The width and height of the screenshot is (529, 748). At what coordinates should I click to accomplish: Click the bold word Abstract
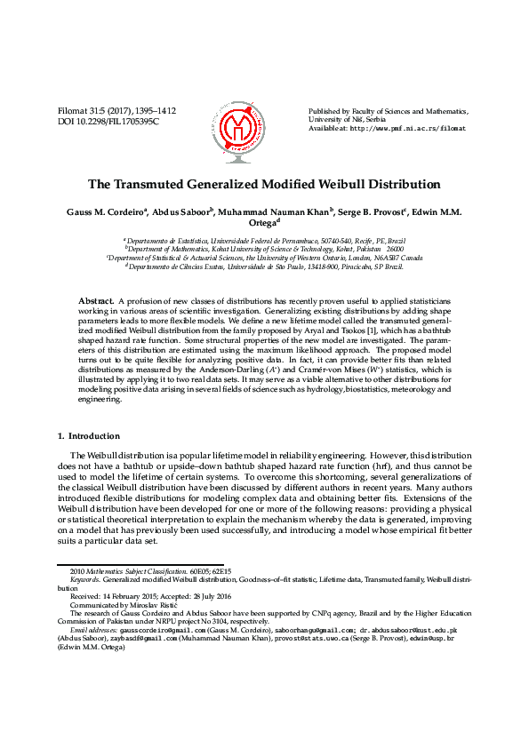[96, 302]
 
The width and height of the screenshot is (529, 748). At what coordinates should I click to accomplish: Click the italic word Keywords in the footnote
[85, 577]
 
